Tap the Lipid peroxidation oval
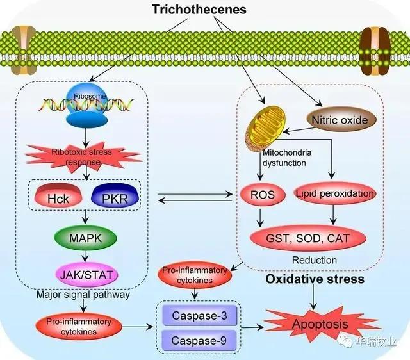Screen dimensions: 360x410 pyautogui.click(x=333, y=193)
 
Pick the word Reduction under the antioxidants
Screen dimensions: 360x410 pyautogui.click(x=314, y=260)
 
